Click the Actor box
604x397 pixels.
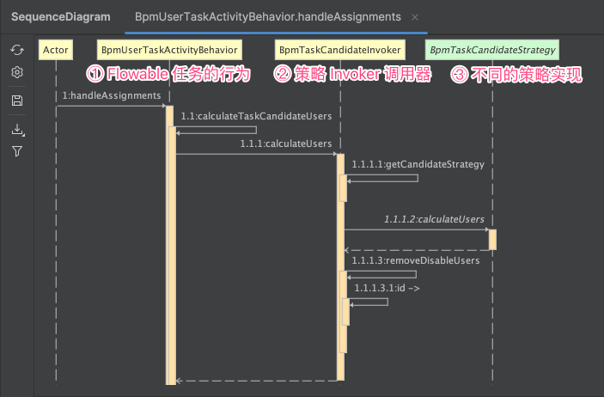(56, 50)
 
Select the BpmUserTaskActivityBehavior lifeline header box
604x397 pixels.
(168, 50)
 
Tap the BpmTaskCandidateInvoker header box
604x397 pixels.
(339, 50)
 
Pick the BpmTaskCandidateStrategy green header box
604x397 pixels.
(492, 50)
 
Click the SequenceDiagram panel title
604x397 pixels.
(60, 16)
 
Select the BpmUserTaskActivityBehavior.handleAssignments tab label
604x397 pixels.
(268, 16)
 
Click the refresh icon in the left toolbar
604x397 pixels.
(17, 51)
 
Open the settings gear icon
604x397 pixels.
(17, 73)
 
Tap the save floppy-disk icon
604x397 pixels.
(17, 101)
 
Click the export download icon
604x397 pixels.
(17, 130)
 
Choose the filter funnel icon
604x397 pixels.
(17, 151)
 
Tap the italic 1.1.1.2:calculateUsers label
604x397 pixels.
(434, 219)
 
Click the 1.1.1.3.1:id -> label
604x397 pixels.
(387, 287)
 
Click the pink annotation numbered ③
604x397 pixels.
(516, 76)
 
